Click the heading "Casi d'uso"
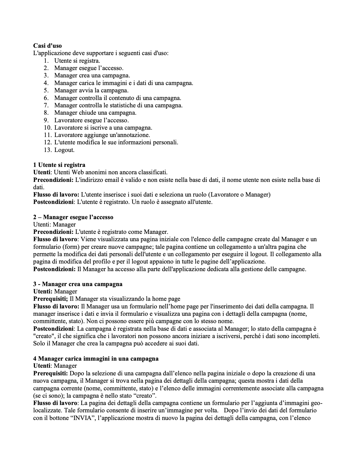click(x=47, y=45)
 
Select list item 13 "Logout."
click(x=64, y=150)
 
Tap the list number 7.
click(x=47, y=105)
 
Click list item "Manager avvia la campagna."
click(x=91, y=90)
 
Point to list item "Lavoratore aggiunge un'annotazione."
click(x=102, y=135)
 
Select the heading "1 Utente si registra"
click(x=59, y=165)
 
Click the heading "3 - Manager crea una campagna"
click(x=78, y=284)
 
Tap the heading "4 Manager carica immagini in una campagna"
click(x=96, y=358)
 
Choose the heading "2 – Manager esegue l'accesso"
click(x=73, y=217)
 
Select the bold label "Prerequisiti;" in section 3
click(x=51, y=299)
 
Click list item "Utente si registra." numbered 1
click(x=77, y=60)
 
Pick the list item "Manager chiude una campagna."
click(x=95, y=113)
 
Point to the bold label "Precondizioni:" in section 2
click(x=53, y=232)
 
